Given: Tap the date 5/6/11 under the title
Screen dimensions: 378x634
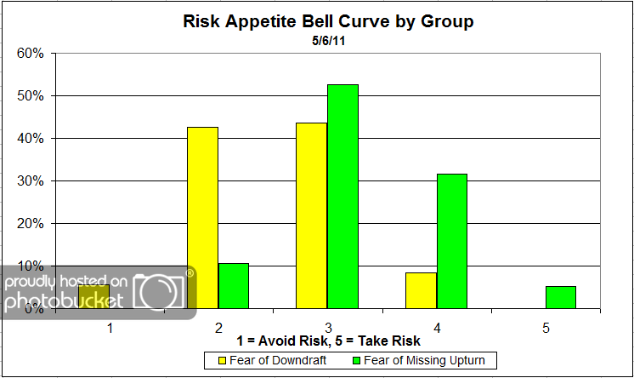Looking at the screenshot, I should tap(327, 39).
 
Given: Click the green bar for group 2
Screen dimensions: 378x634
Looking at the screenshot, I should tap(234, 285).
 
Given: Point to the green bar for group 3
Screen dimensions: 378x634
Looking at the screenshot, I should tap(342, 196).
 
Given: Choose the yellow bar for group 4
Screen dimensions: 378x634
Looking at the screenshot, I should tap(421, 290).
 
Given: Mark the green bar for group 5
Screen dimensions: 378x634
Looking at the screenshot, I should tap(560, 297).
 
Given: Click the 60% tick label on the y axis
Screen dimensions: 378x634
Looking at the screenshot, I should tap(31, 54).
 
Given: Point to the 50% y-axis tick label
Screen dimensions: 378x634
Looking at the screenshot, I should tap(31, 96).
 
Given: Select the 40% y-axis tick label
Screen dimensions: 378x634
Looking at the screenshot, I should tap(31, 139).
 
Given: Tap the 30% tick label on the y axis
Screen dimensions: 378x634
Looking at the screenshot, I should tap(31, 181).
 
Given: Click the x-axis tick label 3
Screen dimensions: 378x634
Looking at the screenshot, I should tap(327, 326).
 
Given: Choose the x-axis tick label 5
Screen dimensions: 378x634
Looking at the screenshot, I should tap(545, 326).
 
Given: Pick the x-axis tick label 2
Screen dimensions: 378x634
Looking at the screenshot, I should tap(218, 326).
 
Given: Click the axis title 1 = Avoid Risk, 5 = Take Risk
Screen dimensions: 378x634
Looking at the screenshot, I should tap(327, 342).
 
